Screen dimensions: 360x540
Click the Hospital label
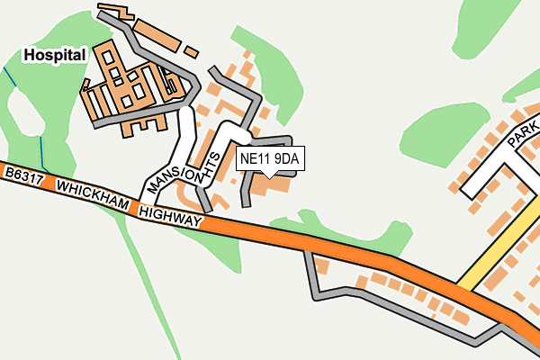click(x=55, y=56)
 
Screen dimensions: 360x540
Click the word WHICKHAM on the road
click(x=94, y=193)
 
